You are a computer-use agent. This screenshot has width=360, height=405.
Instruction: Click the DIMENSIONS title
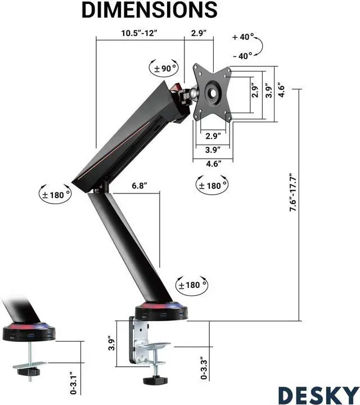click(150, 10)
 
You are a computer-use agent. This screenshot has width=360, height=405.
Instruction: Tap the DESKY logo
click(319, 395)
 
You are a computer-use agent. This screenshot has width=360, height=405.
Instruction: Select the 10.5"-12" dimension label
click(139, 33)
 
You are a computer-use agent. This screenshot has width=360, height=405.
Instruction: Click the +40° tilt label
click(243, 37)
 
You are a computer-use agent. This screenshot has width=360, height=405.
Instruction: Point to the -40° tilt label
click(242, 56)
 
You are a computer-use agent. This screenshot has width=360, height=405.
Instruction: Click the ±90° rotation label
click(165, 69)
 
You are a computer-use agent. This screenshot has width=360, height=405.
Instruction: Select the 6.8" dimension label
click(139, 186)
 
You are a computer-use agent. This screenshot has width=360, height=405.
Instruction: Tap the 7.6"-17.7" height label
click(293, 192)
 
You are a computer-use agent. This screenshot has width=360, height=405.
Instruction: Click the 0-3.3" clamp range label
click(204, 368)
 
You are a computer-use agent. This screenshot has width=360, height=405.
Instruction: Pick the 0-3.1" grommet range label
click(73, 383)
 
